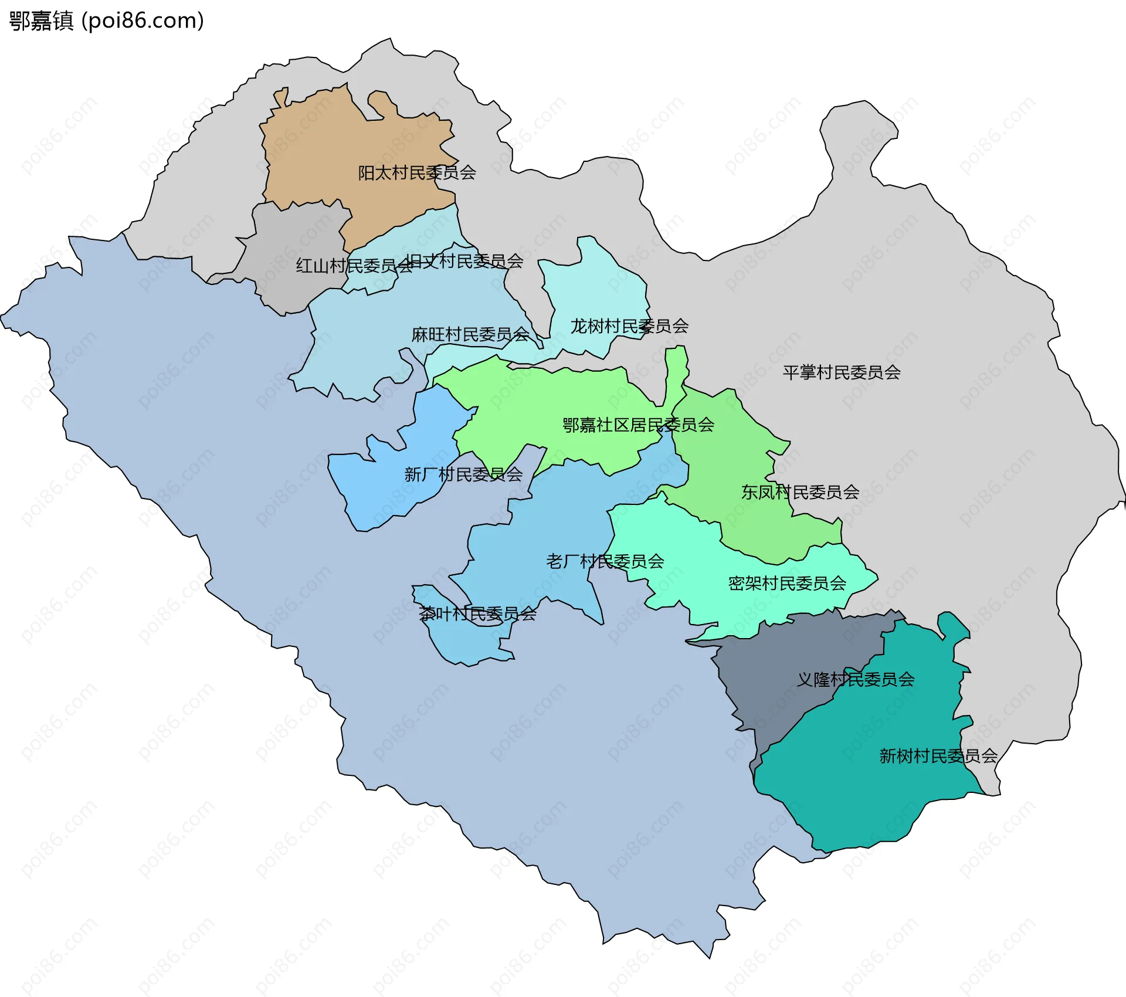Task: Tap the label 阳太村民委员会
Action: pyautogui.click(x=417, y=173)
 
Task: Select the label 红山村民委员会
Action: pyautogui.click(x=354, y=266)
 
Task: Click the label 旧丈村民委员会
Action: pyautogui.click(x=464, y=262)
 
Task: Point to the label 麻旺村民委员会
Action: pyautogui.click(x=470, y=335)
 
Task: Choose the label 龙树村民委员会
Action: pyautogui.click(x=629, y=326)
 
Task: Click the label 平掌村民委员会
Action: pyautogui.click(x=842, y=372)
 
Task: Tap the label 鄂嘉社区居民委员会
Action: pyautogui.click(x=638, y=425)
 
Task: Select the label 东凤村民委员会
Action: pyautogui.click(x=800, y=493)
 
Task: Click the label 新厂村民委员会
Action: pyautogui.click(x=463, y=474)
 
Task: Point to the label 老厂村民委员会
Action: pyautogui.click(x=605, y=562)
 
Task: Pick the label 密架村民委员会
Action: pyautogui.click(x=787, y=584)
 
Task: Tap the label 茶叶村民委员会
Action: pyautogui.click(x=477, y=614)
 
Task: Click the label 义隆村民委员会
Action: pyautogui.click(x=856, y=680)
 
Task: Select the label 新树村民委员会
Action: pyautogui.click(x=938, y=757)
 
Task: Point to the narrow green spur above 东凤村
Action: pyautogui.click(x=676, y=369)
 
